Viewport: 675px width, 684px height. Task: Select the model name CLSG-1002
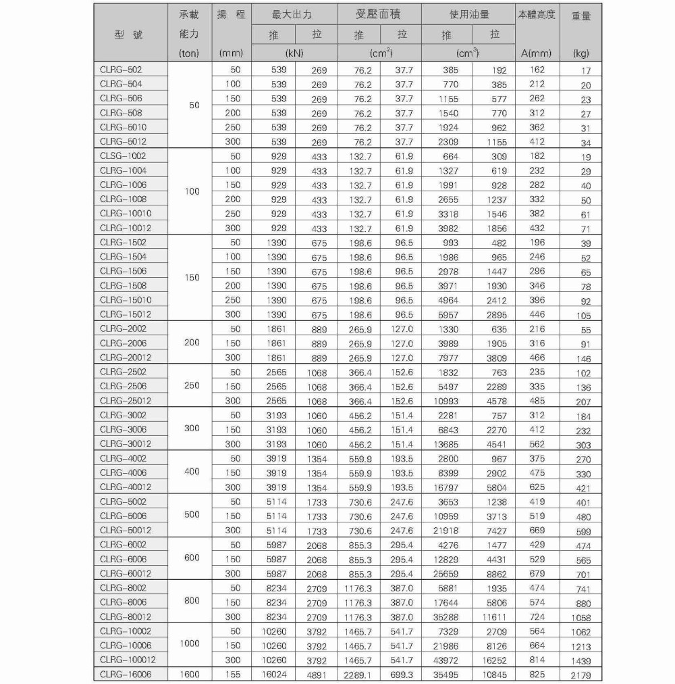[x=123, y=156]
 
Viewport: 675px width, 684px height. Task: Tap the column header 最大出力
[x=294, y=14]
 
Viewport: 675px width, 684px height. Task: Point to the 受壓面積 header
[x=378, y=14]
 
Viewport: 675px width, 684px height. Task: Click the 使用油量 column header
[x=469, y=14]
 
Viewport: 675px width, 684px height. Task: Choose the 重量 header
[x=581, y=16]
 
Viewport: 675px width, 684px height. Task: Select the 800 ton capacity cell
[x=192, y=601]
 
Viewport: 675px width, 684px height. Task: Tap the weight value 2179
[x=580, y=675]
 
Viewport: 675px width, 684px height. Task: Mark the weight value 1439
[x=580, y=660]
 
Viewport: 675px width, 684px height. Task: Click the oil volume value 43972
[x=446, y=660]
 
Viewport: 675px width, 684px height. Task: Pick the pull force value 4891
[x=316, y=675]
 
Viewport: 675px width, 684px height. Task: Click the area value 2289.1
[x=358, y=675]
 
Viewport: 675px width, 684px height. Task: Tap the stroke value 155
[x=232, y=674]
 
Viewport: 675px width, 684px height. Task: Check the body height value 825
[x=537, y=674]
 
